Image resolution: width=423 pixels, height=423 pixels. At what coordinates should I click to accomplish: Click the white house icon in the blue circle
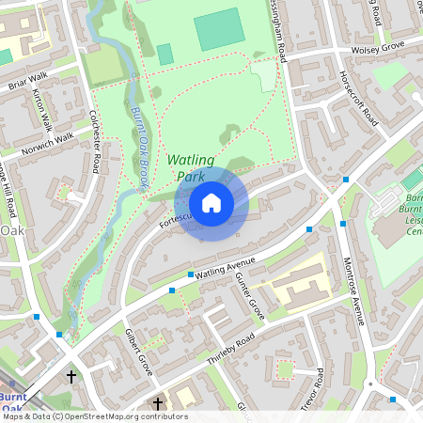coord(211,202)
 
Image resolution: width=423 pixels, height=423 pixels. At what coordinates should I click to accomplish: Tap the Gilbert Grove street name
coord(138,352)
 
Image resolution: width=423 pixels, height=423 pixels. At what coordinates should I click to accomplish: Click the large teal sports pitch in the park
coord(219,29)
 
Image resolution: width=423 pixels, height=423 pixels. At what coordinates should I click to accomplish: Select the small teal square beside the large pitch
coord(165,54)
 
